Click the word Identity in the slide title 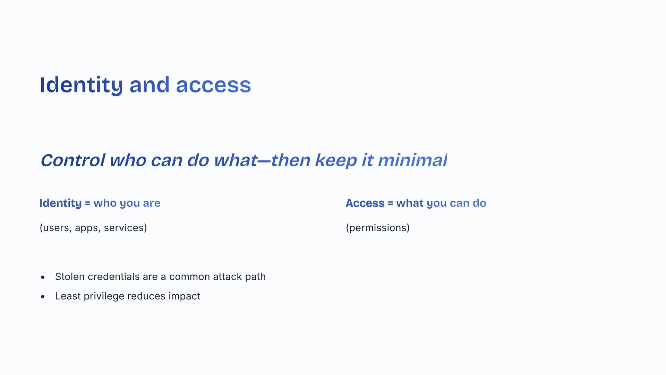81,85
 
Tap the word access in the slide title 213,85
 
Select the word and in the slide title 150,85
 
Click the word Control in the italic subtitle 73,160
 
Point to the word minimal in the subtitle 412,160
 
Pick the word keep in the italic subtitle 336,161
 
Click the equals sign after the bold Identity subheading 87,203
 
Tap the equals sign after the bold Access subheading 390,203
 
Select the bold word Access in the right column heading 365,203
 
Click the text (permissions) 378,228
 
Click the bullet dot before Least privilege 43,297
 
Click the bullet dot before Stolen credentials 43,277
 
